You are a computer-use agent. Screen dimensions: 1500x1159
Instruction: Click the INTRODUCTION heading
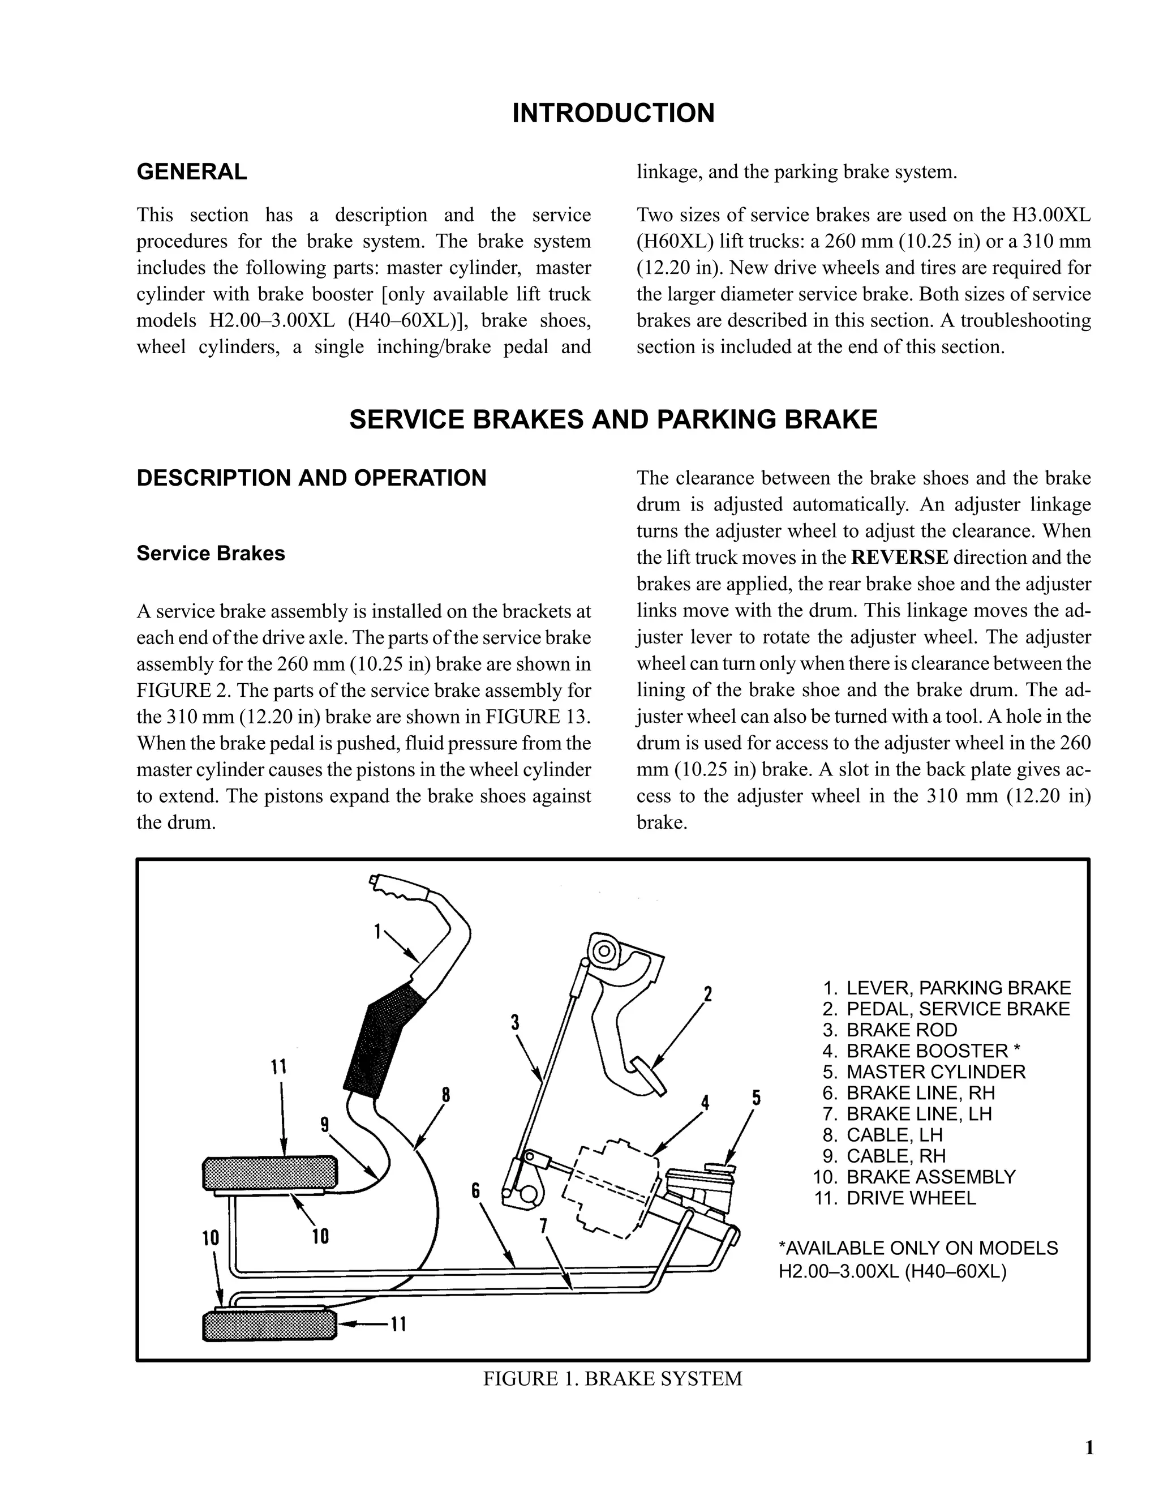613,113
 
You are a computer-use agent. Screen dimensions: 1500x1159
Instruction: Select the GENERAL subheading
192,172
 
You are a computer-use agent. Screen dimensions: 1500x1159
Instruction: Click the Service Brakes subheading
210,554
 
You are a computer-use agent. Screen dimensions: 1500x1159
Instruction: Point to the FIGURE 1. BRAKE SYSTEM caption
612,1378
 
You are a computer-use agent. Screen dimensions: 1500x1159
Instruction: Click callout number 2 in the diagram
708,993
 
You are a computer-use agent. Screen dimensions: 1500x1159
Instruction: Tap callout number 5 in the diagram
756,1098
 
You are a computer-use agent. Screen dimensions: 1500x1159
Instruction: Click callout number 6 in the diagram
476,1190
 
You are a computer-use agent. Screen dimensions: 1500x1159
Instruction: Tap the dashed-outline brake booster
609,1188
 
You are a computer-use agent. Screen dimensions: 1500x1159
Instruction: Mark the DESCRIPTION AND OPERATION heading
311,478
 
